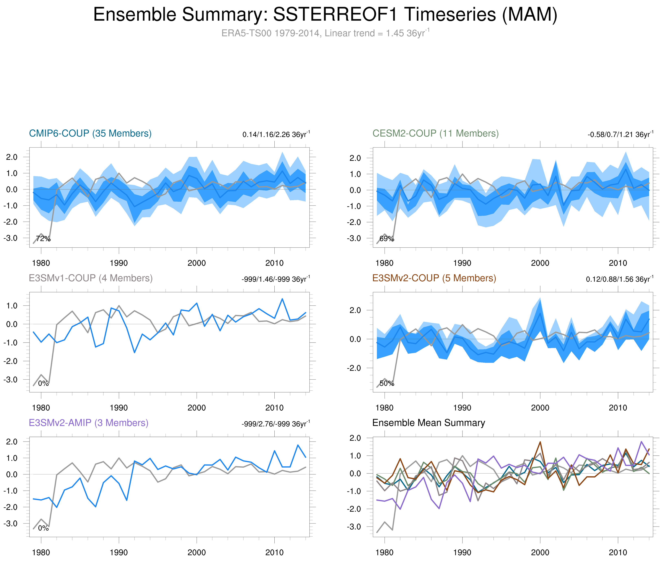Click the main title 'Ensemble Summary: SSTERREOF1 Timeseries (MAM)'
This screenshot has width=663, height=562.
325,15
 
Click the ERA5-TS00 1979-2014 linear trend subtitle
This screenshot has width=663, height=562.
325,33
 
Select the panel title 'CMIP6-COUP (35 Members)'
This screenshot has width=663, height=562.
90,133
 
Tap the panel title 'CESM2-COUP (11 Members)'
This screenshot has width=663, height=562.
435,133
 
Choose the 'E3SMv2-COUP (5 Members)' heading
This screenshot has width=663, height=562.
434,278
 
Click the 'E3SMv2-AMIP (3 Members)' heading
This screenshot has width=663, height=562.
89,423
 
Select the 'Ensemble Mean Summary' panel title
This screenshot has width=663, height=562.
428,423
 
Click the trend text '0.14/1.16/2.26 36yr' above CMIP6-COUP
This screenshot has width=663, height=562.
276,134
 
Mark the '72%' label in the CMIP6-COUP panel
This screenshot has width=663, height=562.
43,239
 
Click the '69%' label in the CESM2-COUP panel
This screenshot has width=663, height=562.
387,239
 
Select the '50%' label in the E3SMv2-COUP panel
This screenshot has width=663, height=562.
387,383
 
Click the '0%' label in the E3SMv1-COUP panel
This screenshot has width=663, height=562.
43,383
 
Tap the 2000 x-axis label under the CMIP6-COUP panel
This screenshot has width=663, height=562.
196,263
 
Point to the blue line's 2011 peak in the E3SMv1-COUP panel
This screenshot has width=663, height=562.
282,299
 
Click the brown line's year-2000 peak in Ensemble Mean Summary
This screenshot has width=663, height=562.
540,442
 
